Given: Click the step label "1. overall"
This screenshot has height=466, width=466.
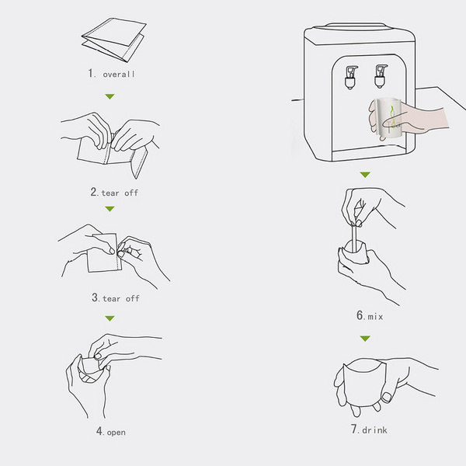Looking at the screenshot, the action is (x=111, y=74).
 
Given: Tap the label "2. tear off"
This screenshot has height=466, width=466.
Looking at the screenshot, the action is (x=114, y=193).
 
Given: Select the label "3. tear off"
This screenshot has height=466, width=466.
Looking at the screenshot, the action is (x=116, y=297).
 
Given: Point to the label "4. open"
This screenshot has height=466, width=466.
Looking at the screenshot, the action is (x=111, y=431).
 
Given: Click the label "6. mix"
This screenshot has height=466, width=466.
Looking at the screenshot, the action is (x=370, y=315).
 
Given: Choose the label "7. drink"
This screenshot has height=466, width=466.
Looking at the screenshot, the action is (x=369, y=429).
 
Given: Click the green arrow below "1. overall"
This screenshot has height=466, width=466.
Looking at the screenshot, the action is (x=110, y=96).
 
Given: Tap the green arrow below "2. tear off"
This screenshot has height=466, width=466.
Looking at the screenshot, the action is (x=110, y=209).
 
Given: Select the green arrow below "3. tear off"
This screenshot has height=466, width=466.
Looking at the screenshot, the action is (x=110, y=318).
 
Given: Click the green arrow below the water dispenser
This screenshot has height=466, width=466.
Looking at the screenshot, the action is (x=365, y=175).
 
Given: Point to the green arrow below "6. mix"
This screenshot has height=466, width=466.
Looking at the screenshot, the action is (x=365, y=339).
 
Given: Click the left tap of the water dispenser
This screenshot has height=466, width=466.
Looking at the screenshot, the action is (x=351, y=77).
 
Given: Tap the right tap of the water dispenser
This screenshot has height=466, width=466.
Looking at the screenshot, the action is (x=381, y=76).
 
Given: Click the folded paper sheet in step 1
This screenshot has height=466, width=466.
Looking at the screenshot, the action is (x=114, y=40).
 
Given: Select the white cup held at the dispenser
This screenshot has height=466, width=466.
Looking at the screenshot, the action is (x=389, y=119).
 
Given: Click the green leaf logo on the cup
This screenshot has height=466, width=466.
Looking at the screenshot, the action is (x=392, y=116).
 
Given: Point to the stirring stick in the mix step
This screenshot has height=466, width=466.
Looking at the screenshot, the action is (x=353, y=238).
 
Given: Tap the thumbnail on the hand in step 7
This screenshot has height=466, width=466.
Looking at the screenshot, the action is (x=387, y=397).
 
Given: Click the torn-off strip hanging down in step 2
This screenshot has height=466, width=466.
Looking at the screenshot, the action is (x=139, y=162).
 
